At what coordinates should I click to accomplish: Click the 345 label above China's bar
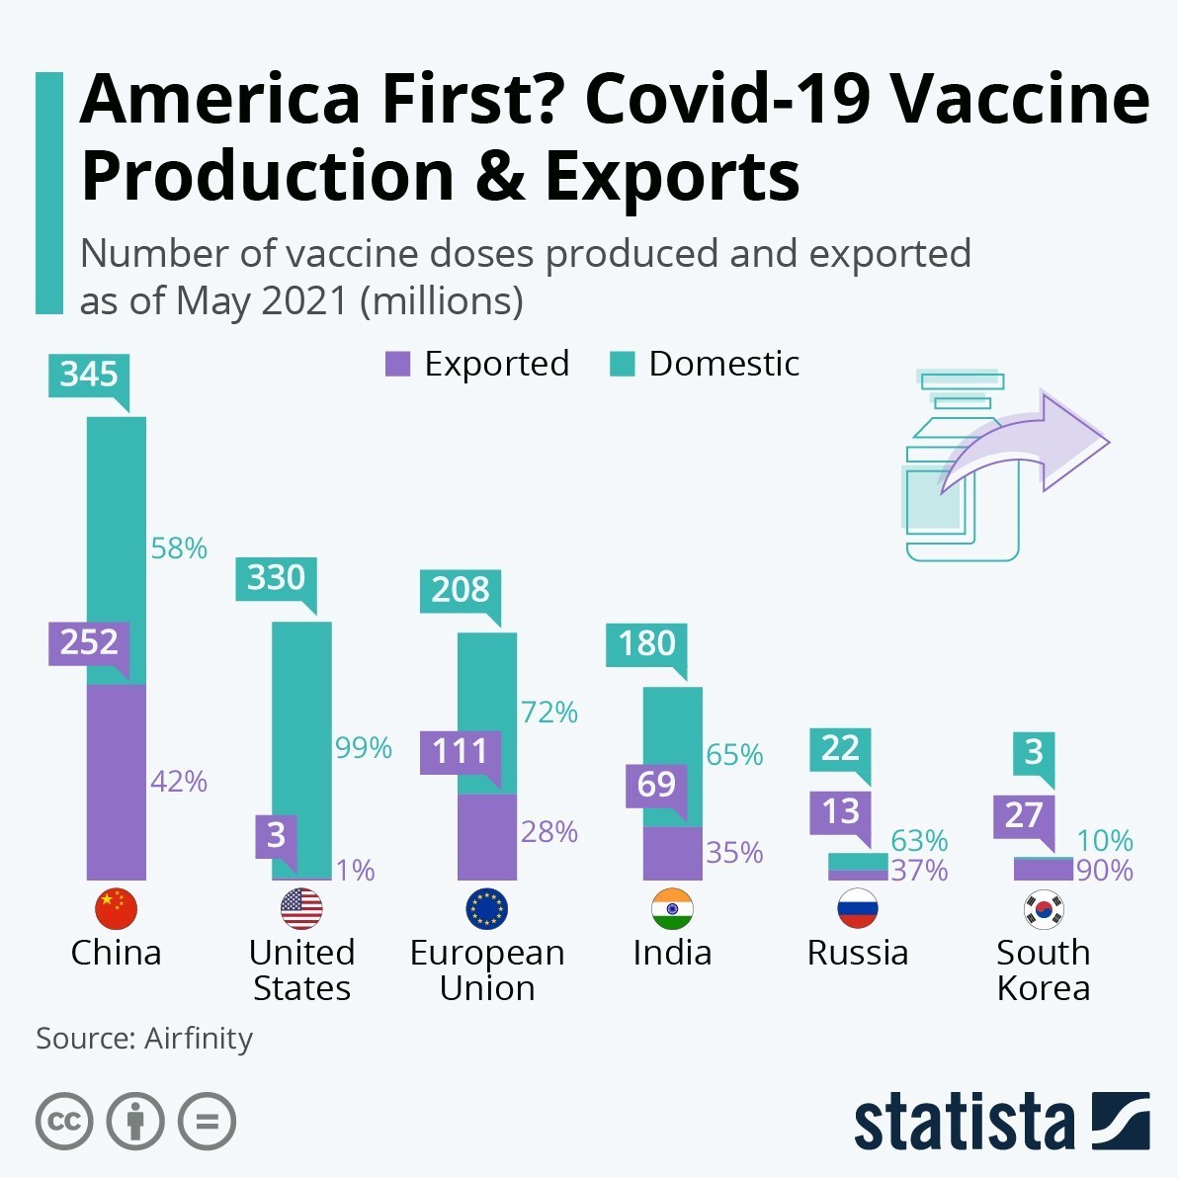point(89,375)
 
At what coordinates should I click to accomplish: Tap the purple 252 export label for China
point(89,642)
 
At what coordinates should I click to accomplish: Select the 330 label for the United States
point(276,577)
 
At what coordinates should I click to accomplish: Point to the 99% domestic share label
point(364,748)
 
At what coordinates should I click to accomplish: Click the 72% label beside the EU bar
point(549,712)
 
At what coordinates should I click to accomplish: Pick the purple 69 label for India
point(656,785)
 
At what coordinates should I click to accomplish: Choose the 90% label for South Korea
point(1105,871)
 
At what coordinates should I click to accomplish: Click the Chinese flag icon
point(116,908)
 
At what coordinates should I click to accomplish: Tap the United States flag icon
point(301,908)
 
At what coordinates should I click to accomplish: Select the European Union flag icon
point(486,908)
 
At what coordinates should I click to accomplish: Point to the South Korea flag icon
point(1043,908)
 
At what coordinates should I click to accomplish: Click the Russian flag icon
point(857,908)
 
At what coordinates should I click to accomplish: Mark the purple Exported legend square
point(397,364)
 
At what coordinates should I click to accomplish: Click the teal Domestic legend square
point(622,364)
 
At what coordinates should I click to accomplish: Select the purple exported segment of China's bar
point(117,781)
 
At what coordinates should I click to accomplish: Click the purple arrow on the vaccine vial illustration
point(1028,445)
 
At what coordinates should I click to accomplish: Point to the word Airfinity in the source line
point(199,1039)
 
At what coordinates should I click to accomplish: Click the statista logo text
point(964,1123)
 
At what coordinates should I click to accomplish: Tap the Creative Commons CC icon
point(64,1122)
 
